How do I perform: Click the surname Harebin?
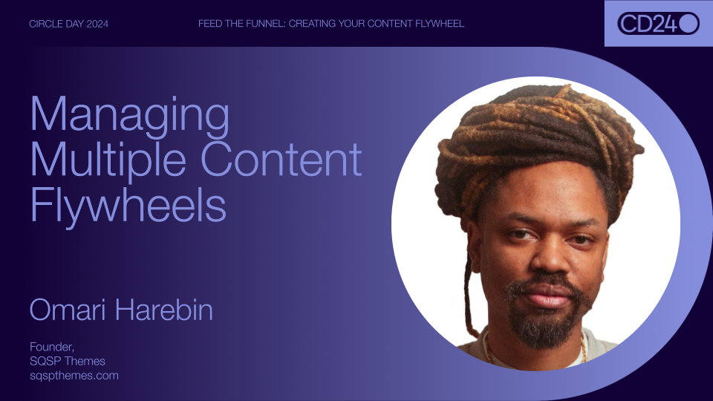tap(163, 310)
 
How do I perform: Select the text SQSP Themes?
tap(68, 361)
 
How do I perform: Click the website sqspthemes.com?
tap(74, 375)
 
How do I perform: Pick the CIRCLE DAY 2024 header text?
tap(68, 24)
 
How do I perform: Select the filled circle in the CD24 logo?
tap(688, 24)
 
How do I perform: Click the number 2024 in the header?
tap(97, 24)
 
